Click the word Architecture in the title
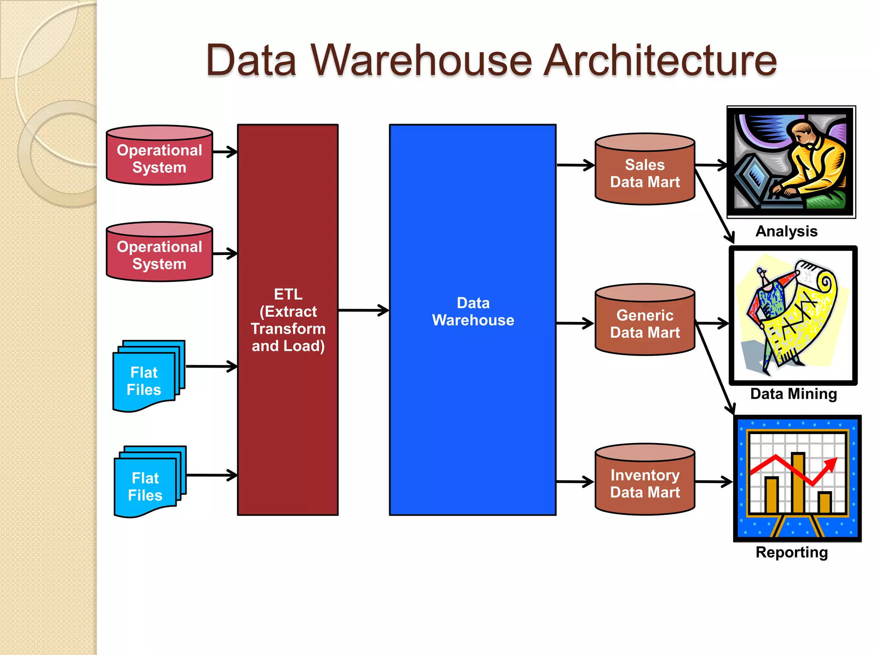[x=660, y=61]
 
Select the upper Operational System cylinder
[x=159, y=156]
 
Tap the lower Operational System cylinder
[x=159, y=252]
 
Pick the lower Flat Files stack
[x=146, y=484]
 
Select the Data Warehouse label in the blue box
[x=473, y=311]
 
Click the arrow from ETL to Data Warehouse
[x=363, y=310]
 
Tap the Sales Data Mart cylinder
[x=645, y=171]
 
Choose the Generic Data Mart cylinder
[x=645, y=321]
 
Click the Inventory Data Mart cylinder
[x=645, y=481]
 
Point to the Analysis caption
[x=786, y=231]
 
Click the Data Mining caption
[x=793, y=394]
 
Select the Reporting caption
[x=792, y=552]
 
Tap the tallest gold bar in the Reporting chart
[x=798, y=482]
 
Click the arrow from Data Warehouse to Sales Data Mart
[x=575, y=165]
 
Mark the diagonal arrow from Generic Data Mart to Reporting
[x=715, y=367]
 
